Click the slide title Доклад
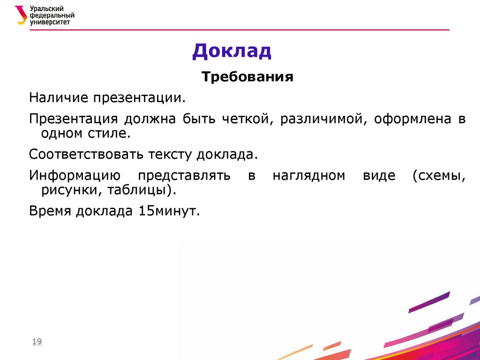pos(232,51)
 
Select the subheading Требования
pos(247,76)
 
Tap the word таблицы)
pos(143,190)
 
